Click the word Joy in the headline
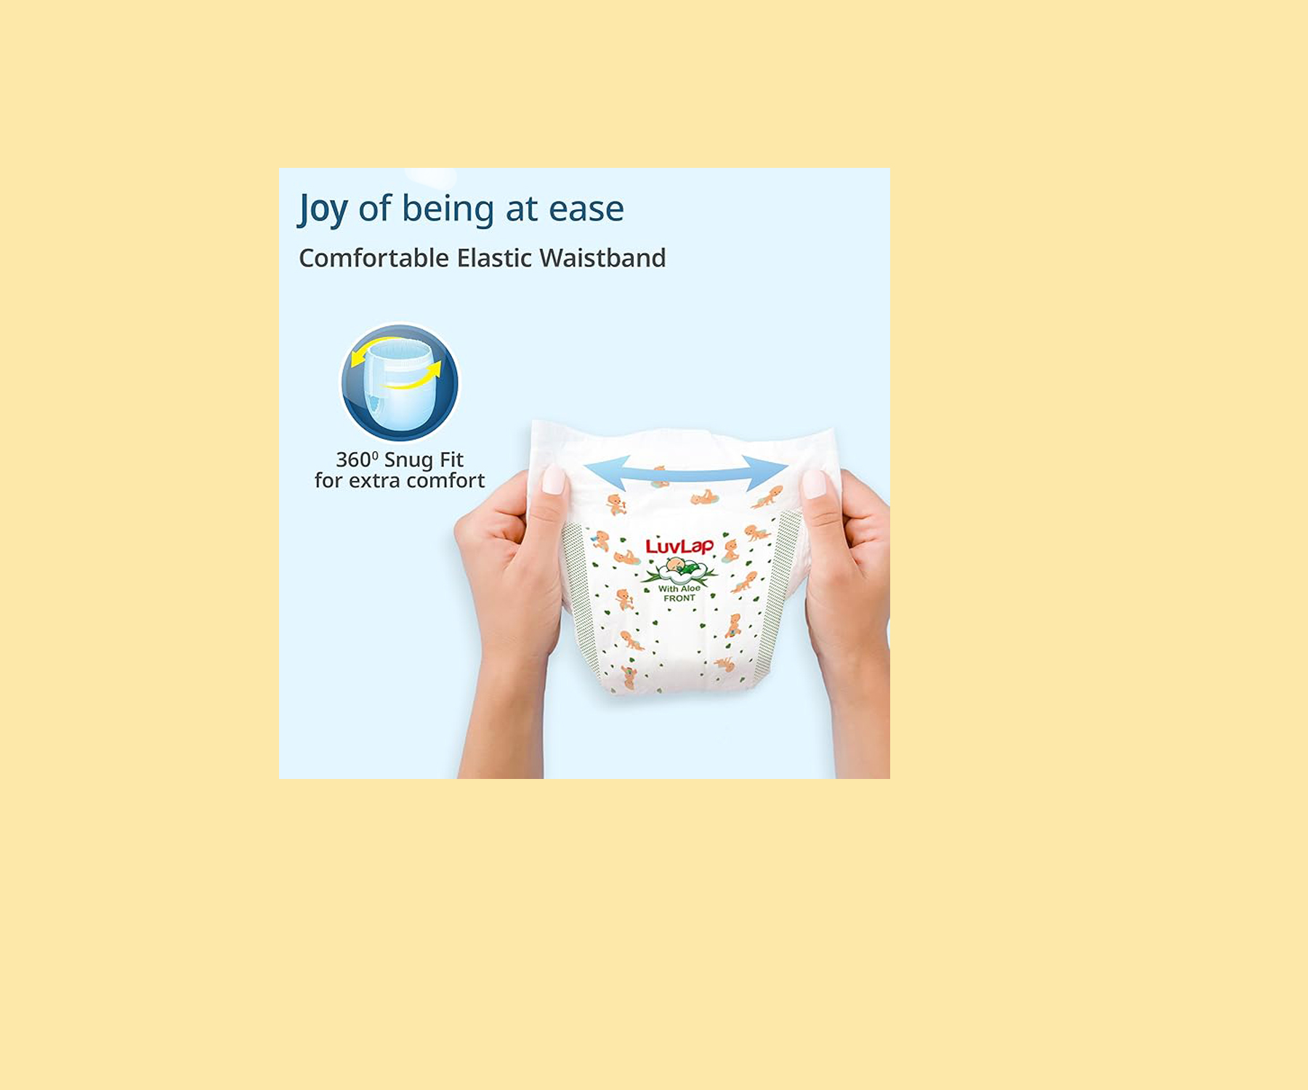(x=323, y=210)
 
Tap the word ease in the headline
(x=586, y=209)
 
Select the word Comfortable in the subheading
(x=374, y=258)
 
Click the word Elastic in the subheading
(x=494, y=258)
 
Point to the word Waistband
(x=602, y=258)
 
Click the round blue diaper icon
(x=400, y=383)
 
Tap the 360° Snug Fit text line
(x=399, y=460)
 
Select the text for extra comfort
(x=399, y=481)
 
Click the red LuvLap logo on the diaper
(x=679, y=546)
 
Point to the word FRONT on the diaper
(x=679, y=598)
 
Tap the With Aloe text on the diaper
(x=679, y=589)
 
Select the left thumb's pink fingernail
(x=554, y=480)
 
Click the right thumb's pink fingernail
(x=814, y=484)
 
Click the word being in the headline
(x=448, y=210)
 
